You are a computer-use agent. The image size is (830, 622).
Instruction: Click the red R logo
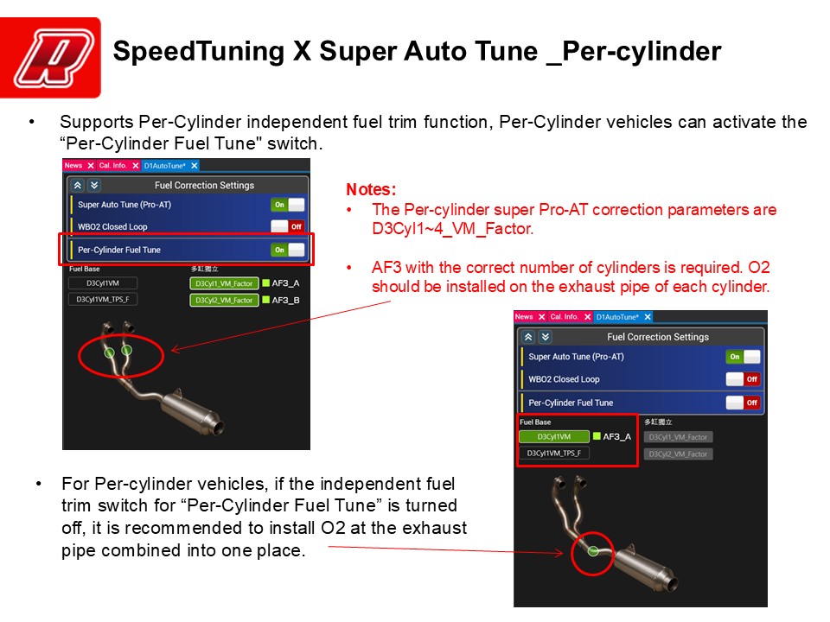51,57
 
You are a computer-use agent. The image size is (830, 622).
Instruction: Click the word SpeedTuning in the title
198,52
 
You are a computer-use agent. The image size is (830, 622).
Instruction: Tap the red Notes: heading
371,189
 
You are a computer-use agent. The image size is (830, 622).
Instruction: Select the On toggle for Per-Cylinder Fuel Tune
288,250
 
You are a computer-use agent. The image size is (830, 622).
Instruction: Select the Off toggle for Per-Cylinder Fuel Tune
743,403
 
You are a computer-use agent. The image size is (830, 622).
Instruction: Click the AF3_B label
286,300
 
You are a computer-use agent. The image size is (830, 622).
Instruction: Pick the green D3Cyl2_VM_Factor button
224,300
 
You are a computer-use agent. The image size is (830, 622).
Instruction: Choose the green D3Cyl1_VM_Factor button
224,283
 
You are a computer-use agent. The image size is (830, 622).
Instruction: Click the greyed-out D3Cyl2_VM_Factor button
679,454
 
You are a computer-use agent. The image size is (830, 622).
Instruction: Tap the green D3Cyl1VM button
553,437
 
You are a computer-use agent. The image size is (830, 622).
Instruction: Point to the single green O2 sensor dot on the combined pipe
593,549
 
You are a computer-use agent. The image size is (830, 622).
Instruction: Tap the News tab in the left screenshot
73,166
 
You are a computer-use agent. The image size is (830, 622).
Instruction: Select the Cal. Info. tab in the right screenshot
564,317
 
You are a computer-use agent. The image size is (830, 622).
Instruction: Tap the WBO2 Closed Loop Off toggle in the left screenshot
288,227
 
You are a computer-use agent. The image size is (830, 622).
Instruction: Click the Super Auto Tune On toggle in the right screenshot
743,357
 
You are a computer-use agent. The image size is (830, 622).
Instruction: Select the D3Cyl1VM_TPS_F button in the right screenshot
553,453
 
